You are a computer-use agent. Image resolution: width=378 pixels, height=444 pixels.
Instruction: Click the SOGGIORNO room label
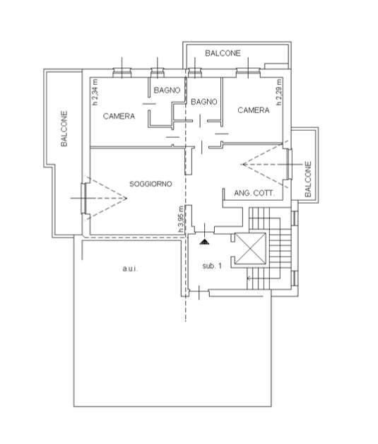[x=150, y=184]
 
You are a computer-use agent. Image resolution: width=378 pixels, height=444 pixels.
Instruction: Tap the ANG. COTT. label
[x=254, y=193]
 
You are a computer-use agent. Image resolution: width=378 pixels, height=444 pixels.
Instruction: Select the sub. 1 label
[x=212, y=266]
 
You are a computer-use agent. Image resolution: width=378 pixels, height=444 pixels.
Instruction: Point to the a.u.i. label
[x=130, y=269]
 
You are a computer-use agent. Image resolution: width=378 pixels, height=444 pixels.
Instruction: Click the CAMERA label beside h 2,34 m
[x=119, y=116]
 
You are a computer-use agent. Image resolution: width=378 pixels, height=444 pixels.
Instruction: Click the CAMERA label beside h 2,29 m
[x=254, y=110]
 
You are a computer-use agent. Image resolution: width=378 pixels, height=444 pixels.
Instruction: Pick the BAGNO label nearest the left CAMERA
[x=167, y=90]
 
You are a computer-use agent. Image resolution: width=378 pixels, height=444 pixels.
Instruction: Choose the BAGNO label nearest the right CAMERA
[x=204, y=102]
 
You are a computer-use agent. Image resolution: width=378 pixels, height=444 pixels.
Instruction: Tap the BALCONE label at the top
[x=223, y=53]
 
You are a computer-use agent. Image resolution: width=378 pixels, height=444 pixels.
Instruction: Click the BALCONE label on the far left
[x=64, y=129]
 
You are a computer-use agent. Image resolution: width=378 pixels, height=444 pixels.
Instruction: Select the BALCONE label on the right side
[x=308, y=180]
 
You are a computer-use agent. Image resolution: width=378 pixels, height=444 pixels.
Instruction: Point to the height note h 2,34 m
[x=95, y=93]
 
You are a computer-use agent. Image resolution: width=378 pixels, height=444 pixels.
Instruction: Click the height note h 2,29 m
[x=279, y=93]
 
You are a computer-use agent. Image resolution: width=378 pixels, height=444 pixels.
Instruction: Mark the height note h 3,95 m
[x=181, y=220]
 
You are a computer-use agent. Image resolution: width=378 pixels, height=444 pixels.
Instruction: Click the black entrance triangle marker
[x=204, y=242]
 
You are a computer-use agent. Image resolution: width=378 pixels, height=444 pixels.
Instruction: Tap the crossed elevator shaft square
[x=251, y=249]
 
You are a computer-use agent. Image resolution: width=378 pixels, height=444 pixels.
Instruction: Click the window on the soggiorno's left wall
[x=84, y=198]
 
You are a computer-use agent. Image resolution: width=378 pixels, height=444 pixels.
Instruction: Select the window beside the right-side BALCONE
[x=289, y=164]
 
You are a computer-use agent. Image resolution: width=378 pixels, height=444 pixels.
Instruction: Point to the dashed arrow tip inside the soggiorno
[x=126, y=198]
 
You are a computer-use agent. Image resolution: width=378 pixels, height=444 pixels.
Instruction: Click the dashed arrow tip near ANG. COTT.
[x=242, y=164]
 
